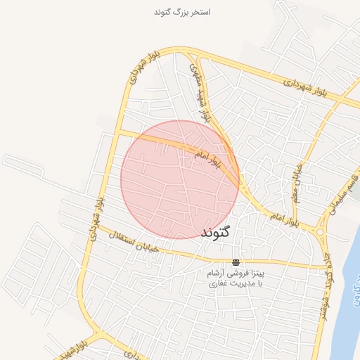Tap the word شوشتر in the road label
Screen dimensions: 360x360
326,303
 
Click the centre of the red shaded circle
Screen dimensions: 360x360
179,179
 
